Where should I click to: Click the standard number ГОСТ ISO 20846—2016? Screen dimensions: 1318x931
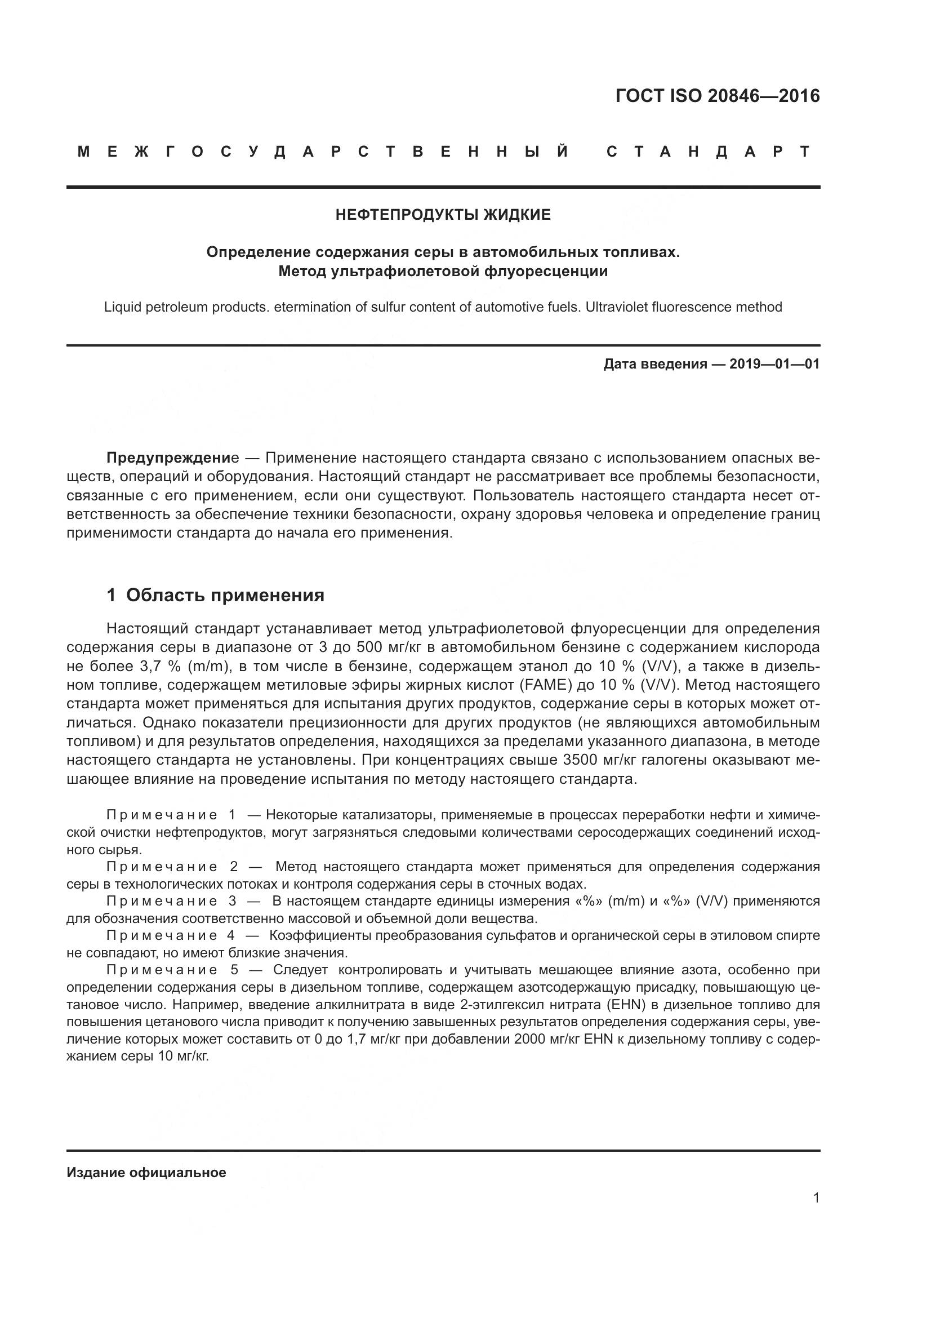[x=717, y=95]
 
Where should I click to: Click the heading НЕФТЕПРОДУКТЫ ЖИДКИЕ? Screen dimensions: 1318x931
[x=443, y=215]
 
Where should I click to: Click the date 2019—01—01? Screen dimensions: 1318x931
[x=774, y=364]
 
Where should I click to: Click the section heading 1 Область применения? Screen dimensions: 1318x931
[x=216, y=595]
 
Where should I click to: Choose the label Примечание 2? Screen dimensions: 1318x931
[x=172, y=866]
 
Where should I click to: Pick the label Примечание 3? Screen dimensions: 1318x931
[x=172, y=901]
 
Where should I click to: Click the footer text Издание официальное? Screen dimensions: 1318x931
[x=146, y=1173]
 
